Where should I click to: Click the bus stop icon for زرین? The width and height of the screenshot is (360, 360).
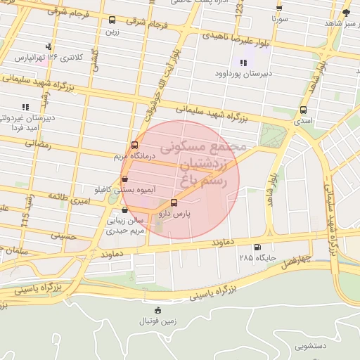tap(113, 20)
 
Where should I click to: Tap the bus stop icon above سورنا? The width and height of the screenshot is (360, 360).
tap(279, 8)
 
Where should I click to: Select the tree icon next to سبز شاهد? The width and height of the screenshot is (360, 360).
tap(345, 13)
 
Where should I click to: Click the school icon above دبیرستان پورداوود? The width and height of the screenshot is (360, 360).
tap(243, 62)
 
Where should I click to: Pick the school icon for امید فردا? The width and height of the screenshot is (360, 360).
tap(25, 107)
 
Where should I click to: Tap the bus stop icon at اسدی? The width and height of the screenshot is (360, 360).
tap(303, 110)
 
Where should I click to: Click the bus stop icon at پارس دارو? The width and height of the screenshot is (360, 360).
tap(174, 202)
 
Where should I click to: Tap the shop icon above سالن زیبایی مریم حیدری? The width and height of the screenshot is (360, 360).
tap(124, 209)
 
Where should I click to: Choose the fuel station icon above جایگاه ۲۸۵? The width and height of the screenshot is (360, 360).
tap(257, 247)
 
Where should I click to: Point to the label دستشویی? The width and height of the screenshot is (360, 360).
tap(311, 346)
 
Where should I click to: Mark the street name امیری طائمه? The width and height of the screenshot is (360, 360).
tap(63, 199)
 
